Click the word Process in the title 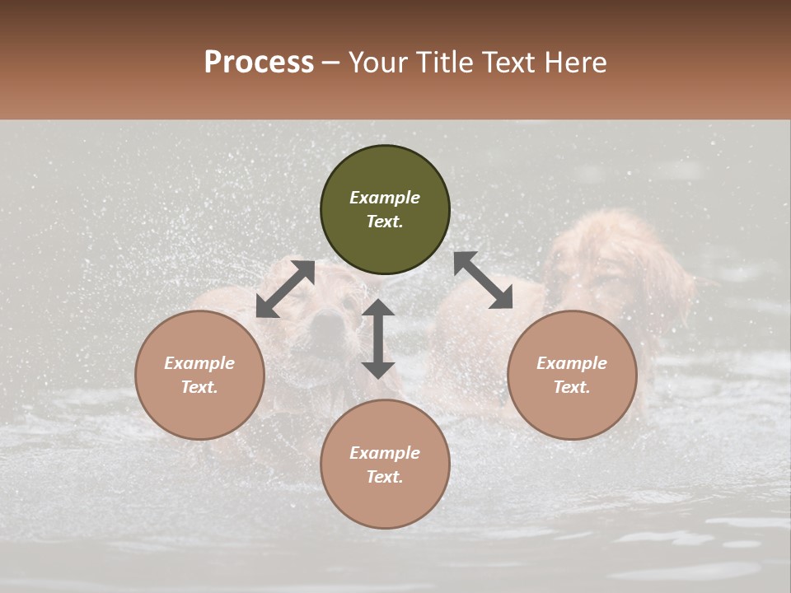point(259,63)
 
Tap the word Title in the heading point(446,63)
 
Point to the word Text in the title point(508,63)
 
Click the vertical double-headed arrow point(378,339)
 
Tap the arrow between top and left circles point(286,288)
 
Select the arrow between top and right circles point(483,280)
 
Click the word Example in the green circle point(385,198)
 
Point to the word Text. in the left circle point(199,387)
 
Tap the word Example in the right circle point(572,363)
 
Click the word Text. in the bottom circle point(385,477)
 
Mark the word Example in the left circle point(199,363)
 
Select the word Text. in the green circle point(385,222)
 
